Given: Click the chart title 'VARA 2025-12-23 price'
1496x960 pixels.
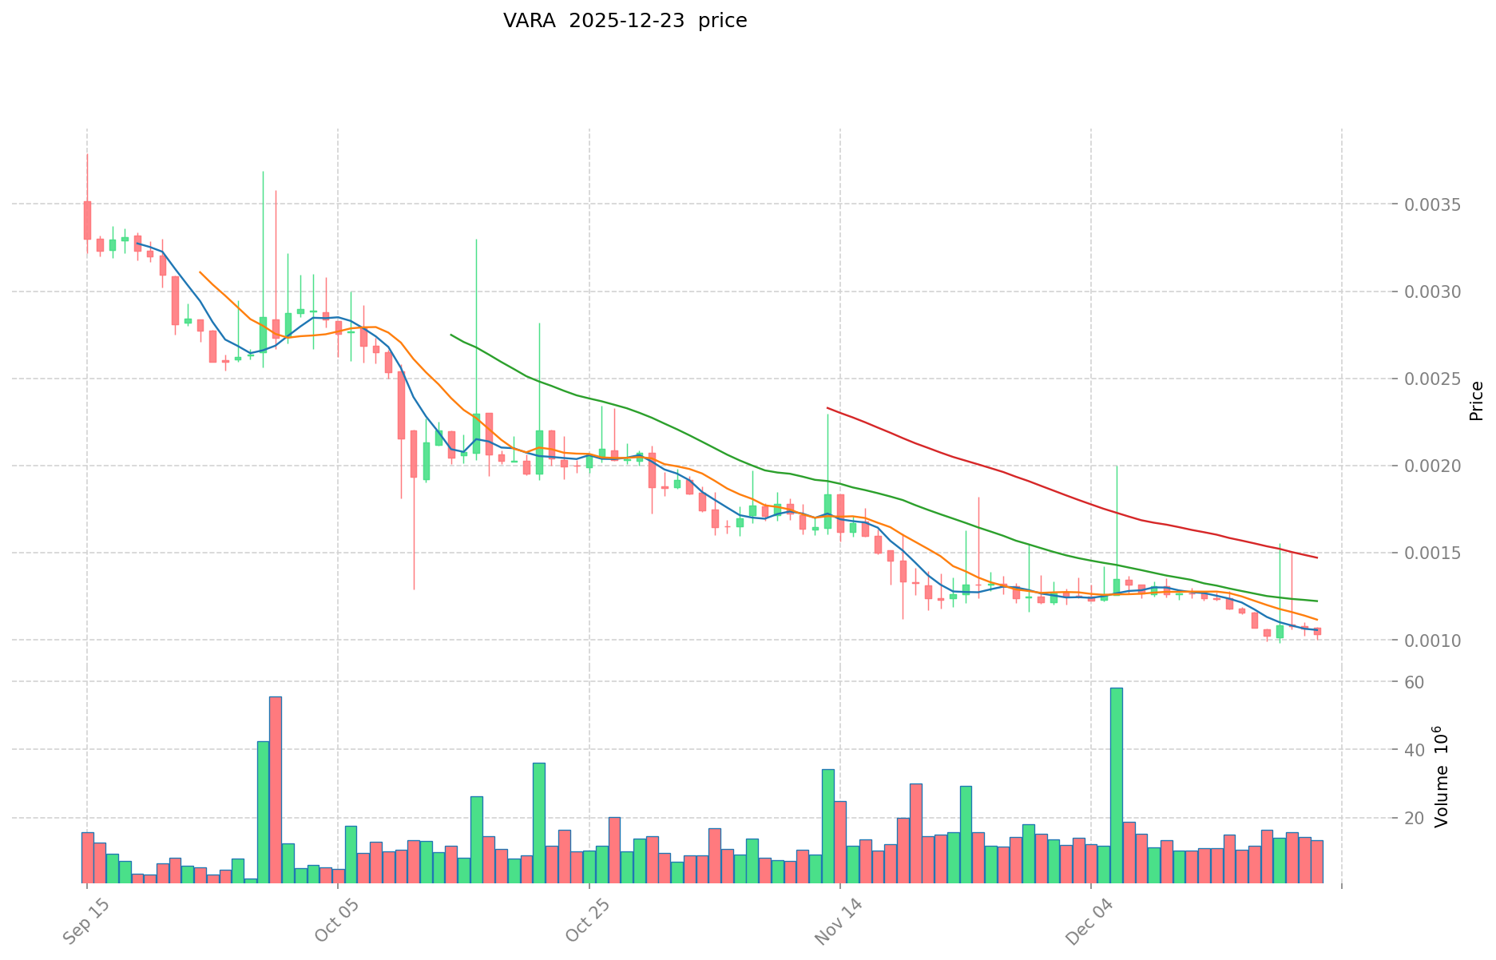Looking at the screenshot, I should pos(625,22).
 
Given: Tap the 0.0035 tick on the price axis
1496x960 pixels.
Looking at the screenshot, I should pos(1434,204).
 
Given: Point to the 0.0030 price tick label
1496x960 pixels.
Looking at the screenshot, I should pos(1434,292).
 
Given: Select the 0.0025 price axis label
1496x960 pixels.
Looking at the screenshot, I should pos(1434,379).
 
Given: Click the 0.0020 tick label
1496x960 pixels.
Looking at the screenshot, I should pos(1434,466).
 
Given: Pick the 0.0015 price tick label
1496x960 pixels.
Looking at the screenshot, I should pos(1434,553).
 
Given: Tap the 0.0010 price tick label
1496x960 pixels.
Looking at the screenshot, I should pos(1434,640).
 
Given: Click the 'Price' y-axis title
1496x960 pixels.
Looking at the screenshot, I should pos(1476,401).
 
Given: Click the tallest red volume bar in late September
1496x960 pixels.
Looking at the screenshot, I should pos(275,789).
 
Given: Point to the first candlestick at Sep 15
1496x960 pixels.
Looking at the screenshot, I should pos(87,220).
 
